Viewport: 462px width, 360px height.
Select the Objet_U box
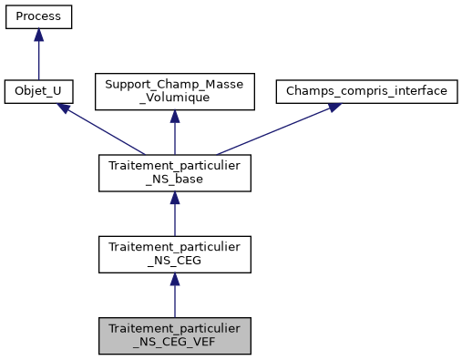pyautogui.click(x=38, y=92)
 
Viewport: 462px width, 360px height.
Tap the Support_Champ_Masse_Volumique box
pyautogui.click(x=174, y=92)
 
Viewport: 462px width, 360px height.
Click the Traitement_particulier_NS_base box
pyautogui.click(x=174, y=173)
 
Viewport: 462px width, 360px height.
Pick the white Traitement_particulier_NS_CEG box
pyautogui.click(x=174, y=254)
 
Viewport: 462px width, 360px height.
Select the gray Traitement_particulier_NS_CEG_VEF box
pyautogui.click(x=174, y=335)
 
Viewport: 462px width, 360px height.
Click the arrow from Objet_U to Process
pyautogui.click(x=38, y=57)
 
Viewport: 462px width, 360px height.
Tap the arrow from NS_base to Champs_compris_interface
pyautogui.click(x=273, y=130)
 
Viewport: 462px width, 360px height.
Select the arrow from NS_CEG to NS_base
pyautogui.click(x=174, y=215)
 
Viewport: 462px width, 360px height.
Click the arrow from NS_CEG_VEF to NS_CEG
pyautogui.click(x=174, y=296)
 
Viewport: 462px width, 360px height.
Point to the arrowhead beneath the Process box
pyautogui.click(x=38, y=35)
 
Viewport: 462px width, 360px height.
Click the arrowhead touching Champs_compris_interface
pyautogui.click(x=334, y=108)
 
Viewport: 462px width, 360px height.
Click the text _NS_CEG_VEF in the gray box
pyautogui.click(x=174, y=344)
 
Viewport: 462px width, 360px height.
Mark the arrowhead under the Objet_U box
pyautogui.click(x=65, y=108)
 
